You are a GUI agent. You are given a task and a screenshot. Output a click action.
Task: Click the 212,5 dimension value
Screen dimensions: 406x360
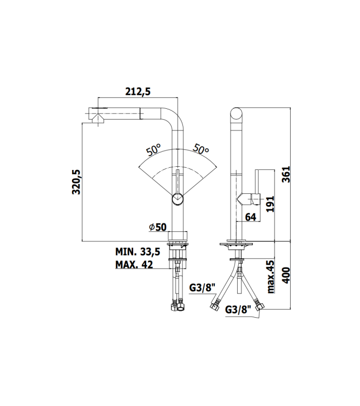[x=138, y=92]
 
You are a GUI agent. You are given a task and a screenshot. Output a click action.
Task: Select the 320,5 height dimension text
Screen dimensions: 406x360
[x=76, y=181]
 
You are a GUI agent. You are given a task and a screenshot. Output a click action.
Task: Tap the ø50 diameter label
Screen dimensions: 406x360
[x=157, y=227]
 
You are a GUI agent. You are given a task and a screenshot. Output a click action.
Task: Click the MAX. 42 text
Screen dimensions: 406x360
[x=134, y=265]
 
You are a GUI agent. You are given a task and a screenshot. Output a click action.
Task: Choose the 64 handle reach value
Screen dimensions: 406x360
[x=250, y=217]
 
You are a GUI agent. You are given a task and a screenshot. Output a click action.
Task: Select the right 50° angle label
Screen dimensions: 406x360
[x=201, y=150]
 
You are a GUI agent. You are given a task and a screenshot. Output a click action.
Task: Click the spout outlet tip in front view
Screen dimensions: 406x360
[x=94, y=116]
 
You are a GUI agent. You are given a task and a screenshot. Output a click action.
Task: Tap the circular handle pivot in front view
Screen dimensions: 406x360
[x=178, y=199]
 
